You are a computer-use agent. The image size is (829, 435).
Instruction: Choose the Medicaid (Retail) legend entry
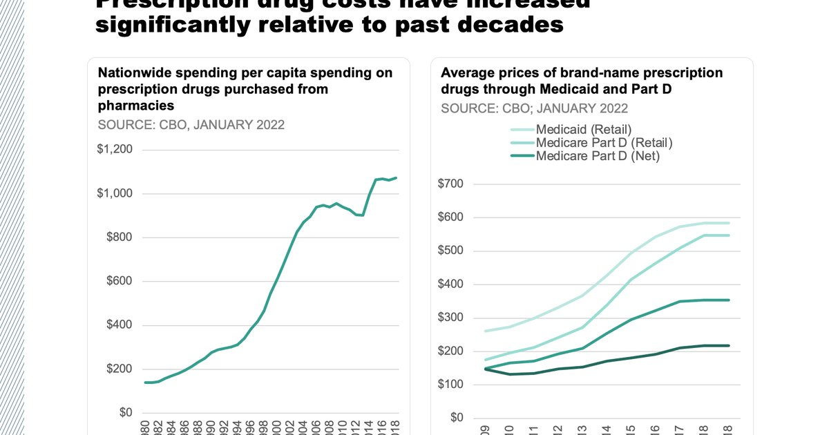pyautogui.click(x=584, y=129)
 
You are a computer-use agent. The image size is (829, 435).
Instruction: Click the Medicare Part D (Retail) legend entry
pyautogui.click(x=604, y=143)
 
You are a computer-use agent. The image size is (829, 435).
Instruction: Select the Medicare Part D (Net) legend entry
pyautogui.click(x=598, y=156)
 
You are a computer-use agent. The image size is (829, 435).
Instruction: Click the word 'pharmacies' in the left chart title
pyautogui.click(x=136, y=106)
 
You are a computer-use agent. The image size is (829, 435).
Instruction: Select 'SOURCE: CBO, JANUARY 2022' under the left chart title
pyautogui.click(x=191, y=125)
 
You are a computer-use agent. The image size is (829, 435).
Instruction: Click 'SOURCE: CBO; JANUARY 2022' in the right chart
pyautogui.click(x=535, y=108)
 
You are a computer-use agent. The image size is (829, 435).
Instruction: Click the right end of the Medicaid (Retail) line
pyautogui.click(x=730, y=223)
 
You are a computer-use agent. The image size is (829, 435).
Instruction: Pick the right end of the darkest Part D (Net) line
pyautogui.click(x=730, y=346)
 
